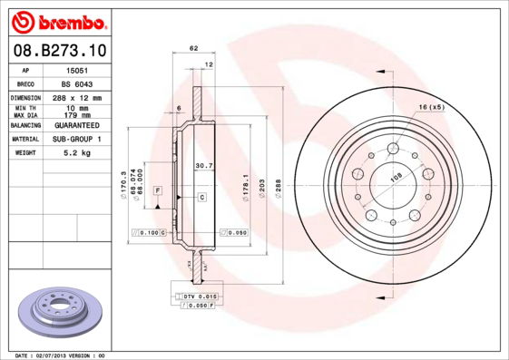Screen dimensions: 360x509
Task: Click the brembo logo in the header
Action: (x=56, y=19)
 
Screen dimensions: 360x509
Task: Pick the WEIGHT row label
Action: (x=25, y=154)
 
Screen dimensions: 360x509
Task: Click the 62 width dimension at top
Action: (x=193, y=47)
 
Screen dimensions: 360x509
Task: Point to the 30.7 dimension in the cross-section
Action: (x=204, y=165)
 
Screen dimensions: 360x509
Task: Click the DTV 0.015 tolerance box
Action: (x=198, y=297)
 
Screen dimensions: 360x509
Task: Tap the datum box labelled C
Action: (x=201, y=197)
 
